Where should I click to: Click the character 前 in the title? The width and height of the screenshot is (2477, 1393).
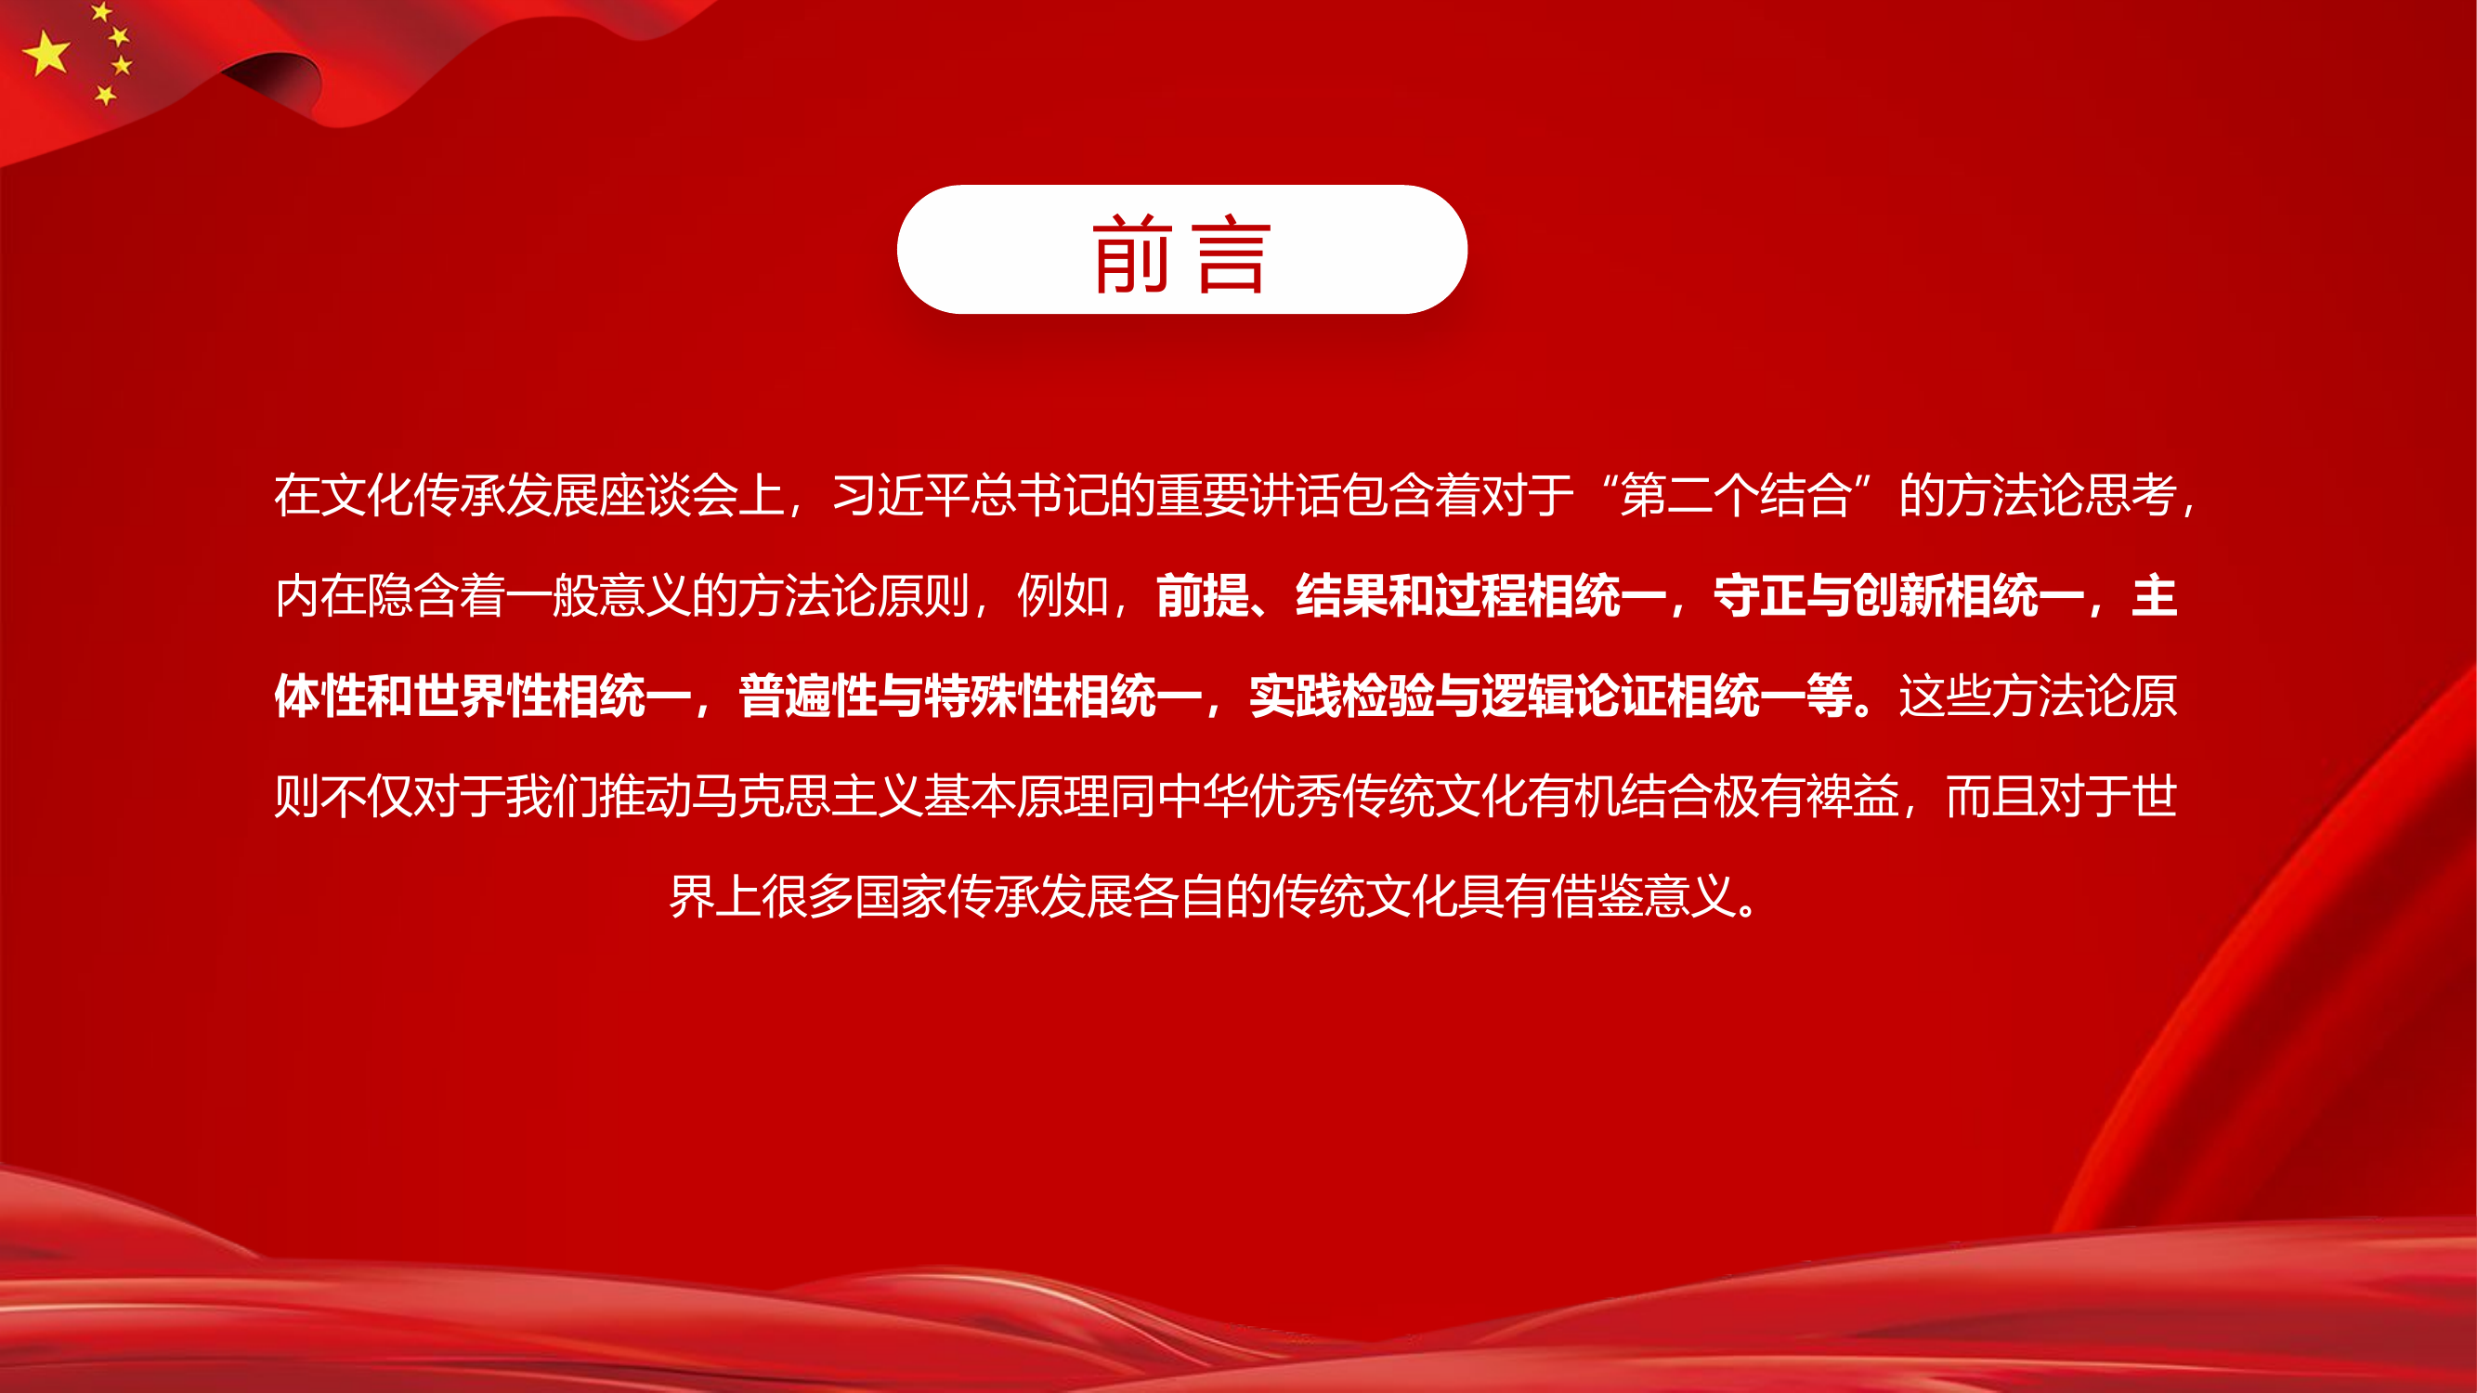coord(1132,254)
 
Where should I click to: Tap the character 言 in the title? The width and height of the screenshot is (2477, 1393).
coord(1232,254)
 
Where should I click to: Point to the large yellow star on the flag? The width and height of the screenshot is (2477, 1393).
coord(47,53)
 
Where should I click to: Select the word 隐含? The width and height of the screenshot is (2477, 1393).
coord(414,596)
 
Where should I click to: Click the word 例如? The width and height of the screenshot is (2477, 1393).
coord(1063,596)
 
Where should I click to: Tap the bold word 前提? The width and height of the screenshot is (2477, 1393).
coord(1202,596)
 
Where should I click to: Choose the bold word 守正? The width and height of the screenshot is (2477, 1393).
coord(1759,596)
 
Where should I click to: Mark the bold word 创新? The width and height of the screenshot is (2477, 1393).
coord(1898,596)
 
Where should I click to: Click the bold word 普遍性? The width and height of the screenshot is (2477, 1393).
coord(808,696)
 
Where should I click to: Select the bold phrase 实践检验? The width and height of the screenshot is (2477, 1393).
coord(1341,696)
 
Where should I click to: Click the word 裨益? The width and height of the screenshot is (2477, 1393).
coord(1852,796)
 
